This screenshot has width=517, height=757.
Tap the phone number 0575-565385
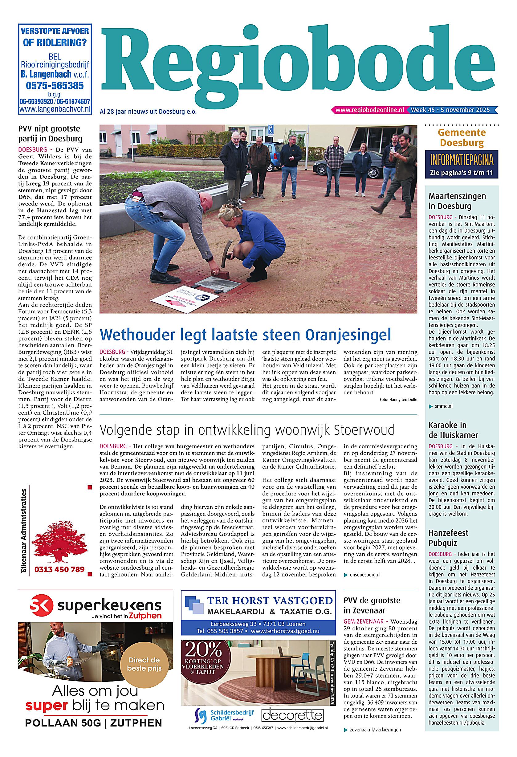[55, 86]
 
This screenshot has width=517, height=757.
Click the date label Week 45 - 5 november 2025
[450, 110]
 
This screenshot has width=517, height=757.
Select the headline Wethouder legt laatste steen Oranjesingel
[245, 335]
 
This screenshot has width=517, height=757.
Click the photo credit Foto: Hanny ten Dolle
[398, 400]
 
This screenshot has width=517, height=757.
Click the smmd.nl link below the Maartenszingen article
[443, 406]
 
